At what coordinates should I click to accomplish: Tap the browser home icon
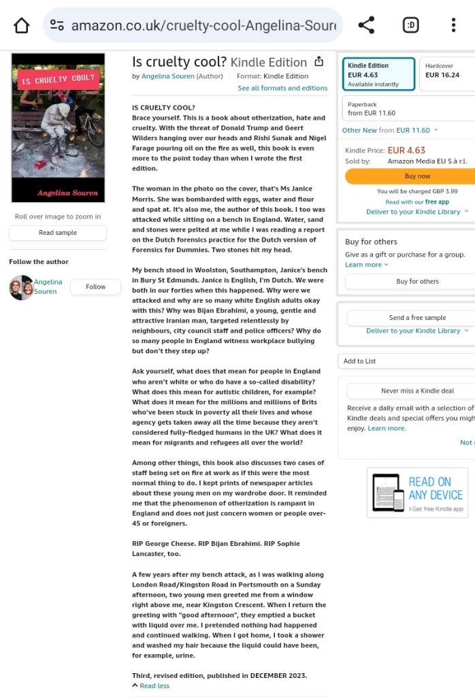(22, 26)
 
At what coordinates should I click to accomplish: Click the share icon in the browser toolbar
(366, 26)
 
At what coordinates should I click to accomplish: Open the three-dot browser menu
(453, 26)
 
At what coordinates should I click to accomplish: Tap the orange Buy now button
(416, 176)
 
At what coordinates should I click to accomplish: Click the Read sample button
(58, 233)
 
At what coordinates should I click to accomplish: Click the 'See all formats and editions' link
(282, 88)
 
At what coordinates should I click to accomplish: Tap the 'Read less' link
(154, 685)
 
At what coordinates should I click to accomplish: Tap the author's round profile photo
(21, 287)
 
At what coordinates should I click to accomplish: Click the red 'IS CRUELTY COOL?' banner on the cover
(58, 80)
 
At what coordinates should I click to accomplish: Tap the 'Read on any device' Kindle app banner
(417, 493)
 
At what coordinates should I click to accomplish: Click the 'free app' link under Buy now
(437, 202)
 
